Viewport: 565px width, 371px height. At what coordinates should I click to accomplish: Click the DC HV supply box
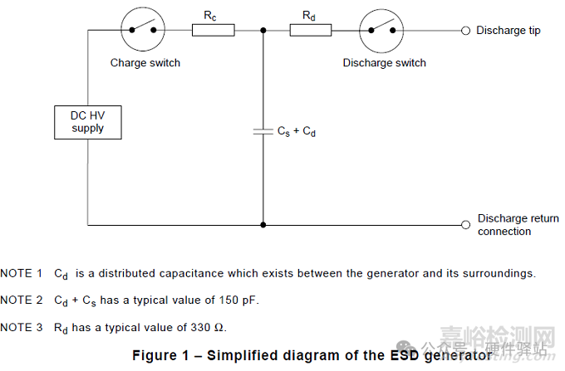tap(87, 122)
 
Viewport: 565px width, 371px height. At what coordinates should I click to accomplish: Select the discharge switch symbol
tap(381, 30)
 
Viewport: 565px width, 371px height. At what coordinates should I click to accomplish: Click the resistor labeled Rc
tap(213, 30)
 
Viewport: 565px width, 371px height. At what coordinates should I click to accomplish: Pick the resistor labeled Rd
tap(311, 30)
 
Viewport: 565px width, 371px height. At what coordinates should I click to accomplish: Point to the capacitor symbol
tap(263, 130)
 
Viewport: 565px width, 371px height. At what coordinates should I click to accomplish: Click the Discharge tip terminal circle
tap(465, 30)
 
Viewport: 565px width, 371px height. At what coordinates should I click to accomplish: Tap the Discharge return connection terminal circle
tap(465, 224)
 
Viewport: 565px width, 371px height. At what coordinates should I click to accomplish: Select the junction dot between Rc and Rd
tap(263, 30)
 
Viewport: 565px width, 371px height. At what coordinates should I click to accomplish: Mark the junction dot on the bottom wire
tap(263, 224)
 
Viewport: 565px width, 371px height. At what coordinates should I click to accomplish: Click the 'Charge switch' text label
tap(145, 62)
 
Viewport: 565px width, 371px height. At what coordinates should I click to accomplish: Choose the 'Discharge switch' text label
tap(384, 62)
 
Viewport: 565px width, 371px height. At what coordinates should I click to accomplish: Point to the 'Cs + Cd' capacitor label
tap(297, 131)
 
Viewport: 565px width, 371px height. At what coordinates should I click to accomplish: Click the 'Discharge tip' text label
tap(508, 31)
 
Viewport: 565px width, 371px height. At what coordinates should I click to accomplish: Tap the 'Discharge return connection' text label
tap(518, 225)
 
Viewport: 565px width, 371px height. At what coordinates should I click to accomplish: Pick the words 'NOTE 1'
tap(22, 273)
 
